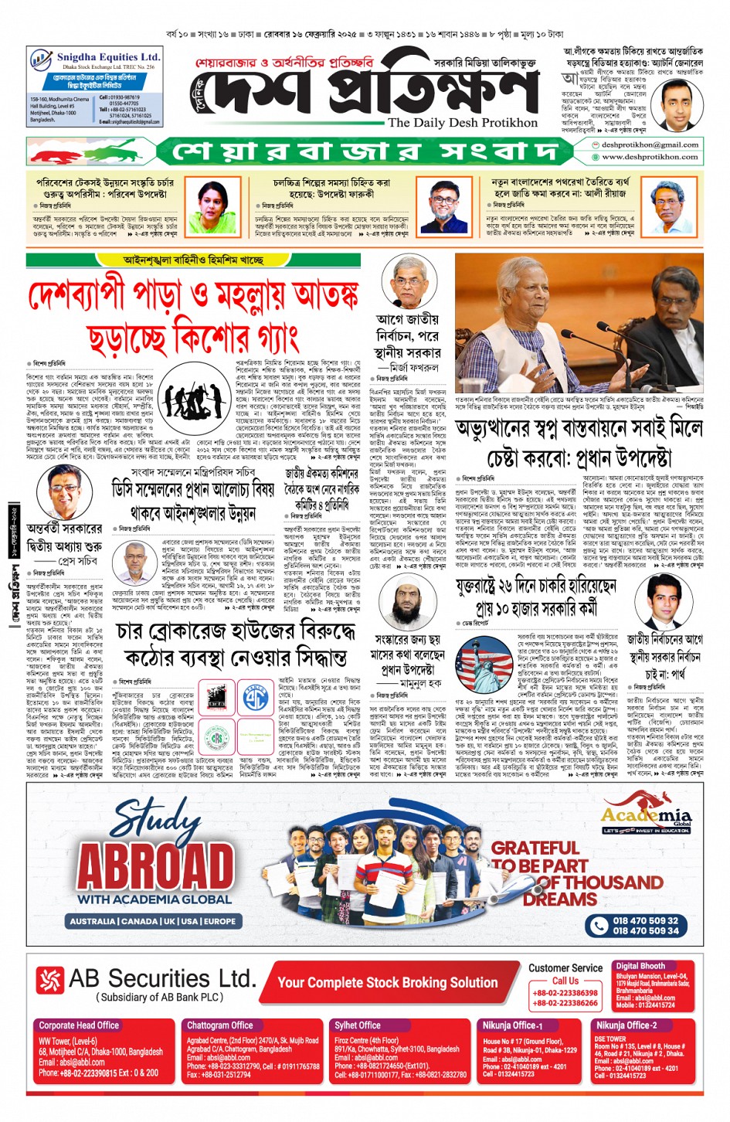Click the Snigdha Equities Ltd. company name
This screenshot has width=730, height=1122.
coord(107,57)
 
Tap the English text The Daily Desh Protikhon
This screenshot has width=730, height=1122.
coord(462,123)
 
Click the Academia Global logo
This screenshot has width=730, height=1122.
coord(646,818)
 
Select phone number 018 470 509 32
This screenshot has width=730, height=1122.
coord(646,920)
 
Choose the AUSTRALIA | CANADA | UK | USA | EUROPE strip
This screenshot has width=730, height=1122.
coord(153,921)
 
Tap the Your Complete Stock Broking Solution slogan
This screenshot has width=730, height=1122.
coord(387,983)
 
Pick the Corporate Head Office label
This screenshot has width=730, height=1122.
coord(79,1025)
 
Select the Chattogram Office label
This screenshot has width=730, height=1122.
coord(220,1025)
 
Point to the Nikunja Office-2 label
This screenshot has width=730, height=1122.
coord(626,1025)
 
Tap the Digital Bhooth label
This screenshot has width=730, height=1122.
coord(640,966)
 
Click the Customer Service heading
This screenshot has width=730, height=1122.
coord(565,967)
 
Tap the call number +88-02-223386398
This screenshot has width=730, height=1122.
coord(565,993)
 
